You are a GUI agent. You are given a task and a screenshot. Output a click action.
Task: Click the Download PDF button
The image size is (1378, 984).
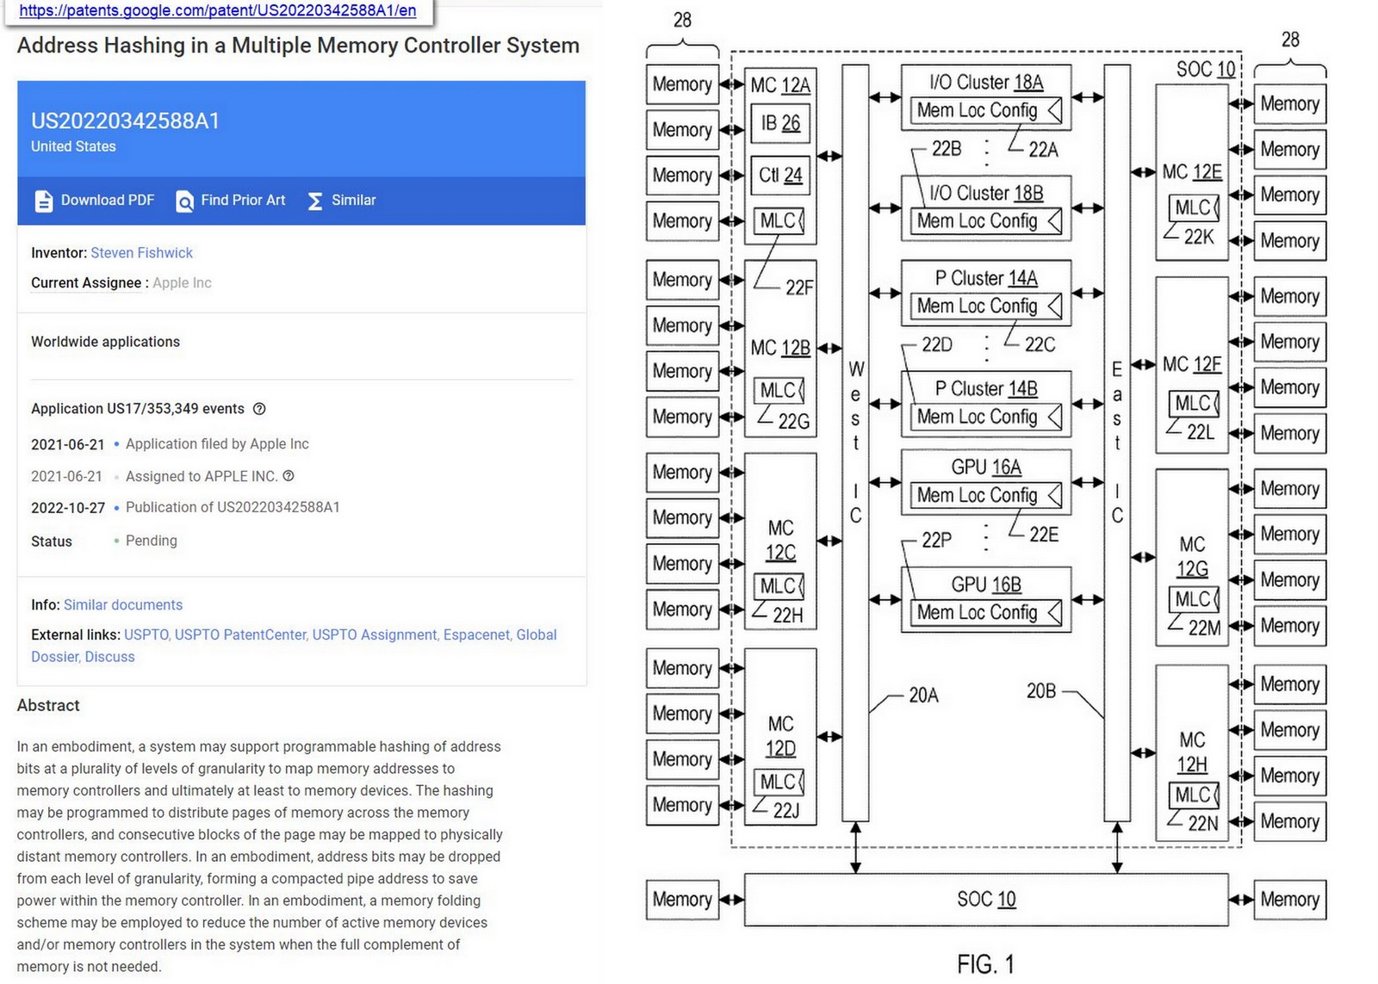(x=95, y=201)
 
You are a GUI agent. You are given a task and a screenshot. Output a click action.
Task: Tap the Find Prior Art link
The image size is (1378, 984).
(x=231, y=201)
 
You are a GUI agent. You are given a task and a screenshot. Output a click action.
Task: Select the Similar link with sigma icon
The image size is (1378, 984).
(x=342, y=201)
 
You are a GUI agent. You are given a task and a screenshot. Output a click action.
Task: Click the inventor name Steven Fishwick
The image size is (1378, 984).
(x=141, y=253)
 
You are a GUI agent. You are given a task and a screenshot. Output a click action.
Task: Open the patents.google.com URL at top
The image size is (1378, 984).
(x=217, y=10)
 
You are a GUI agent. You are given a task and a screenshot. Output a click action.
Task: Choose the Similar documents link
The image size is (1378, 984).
(x=135, y=605)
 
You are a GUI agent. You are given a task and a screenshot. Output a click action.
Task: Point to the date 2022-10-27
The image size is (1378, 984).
(x=68, y=508)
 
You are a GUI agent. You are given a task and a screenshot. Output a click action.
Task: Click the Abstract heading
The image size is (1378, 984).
(x=48, y=705)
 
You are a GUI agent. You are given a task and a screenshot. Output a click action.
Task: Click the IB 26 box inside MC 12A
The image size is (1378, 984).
(x=780, y=123)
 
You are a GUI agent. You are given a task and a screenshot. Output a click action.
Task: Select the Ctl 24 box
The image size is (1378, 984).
(x=780, y=176)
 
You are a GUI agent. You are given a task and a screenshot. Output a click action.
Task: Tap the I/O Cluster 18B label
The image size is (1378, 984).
(x=986, y=194)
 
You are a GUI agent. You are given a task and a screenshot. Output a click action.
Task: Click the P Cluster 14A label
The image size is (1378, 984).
(x=986, y=279)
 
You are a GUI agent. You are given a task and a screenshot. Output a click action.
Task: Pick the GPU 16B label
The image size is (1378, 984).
(x=986, y=585)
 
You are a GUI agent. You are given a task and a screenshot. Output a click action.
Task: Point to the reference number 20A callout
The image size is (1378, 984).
(x=923, y=696)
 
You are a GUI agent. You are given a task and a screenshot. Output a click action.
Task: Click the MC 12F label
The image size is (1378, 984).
(x=1192, y=365)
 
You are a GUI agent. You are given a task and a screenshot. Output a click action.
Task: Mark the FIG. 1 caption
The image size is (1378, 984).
(x=985, y=964)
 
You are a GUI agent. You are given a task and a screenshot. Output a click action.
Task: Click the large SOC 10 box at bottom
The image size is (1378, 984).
(x=986, y=900)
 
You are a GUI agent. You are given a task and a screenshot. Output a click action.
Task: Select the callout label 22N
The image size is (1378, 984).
(x=1202, y=824)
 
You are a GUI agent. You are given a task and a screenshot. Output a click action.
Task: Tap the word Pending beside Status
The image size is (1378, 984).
(x=152, y=541)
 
